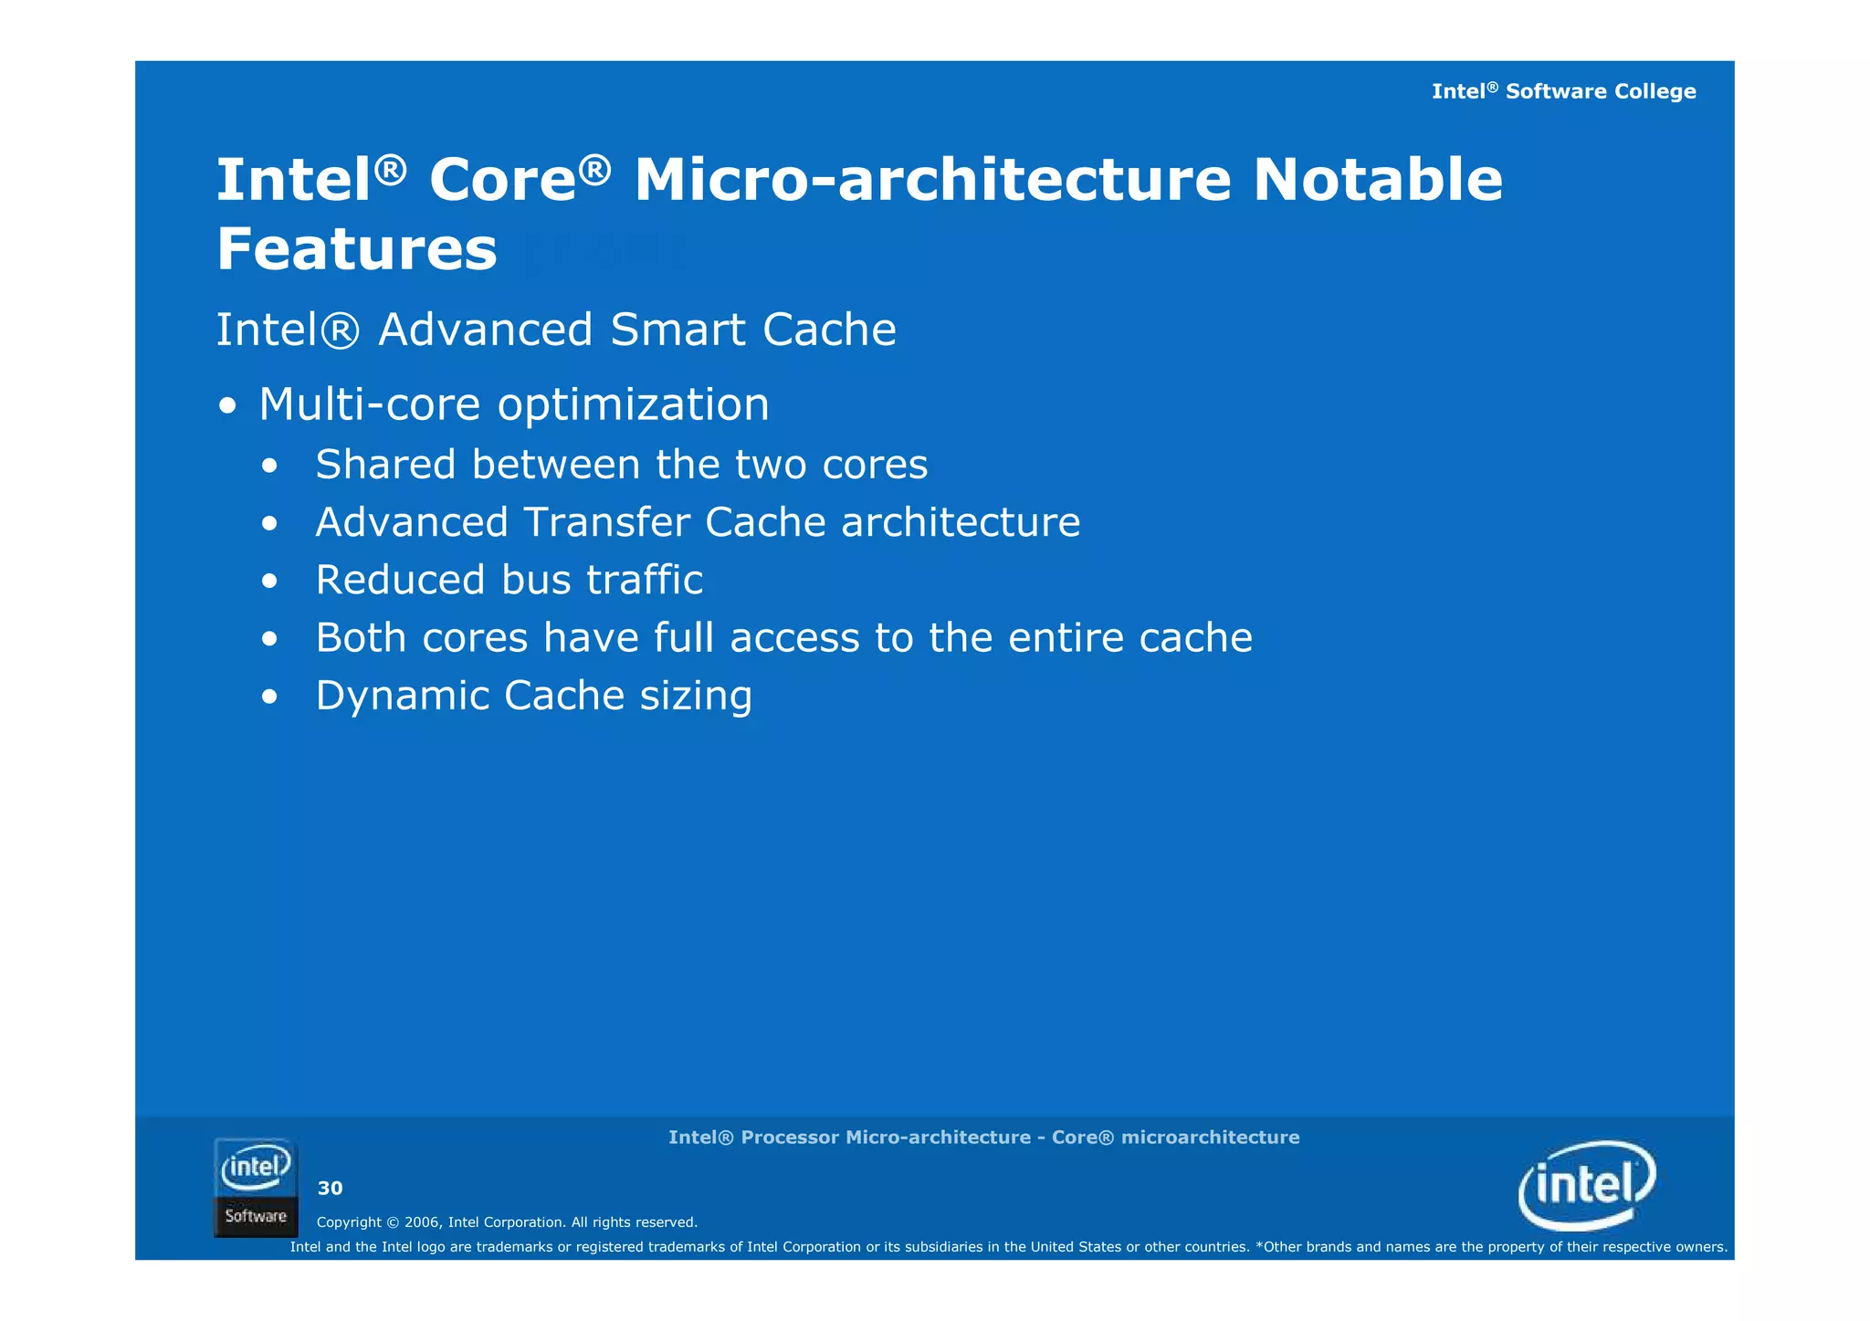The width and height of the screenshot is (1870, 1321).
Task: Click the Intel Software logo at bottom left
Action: click(256, 1187)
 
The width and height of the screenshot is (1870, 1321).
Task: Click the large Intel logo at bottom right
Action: click(1587, 1185)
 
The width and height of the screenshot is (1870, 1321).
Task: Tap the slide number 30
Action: click(330, 1188)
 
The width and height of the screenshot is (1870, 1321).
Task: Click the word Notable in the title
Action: click(1377, 180)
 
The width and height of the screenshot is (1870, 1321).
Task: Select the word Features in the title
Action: click(357, 249)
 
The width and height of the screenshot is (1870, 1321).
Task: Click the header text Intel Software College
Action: click(1563, 91)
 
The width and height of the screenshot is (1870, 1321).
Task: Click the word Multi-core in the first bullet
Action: click(369, 404)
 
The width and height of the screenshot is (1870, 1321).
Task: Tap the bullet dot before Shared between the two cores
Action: click(268, 467)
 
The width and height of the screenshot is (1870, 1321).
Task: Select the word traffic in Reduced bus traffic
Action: click(645, 581)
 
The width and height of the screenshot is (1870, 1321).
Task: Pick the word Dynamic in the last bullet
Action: click(402, 697)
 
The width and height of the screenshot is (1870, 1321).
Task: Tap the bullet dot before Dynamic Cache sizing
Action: click(268, 697)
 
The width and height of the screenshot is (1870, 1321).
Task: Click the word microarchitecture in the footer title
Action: click(1210, 1138)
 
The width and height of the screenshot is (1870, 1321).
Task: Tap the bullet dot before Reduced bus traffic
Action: click(268, 582)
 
